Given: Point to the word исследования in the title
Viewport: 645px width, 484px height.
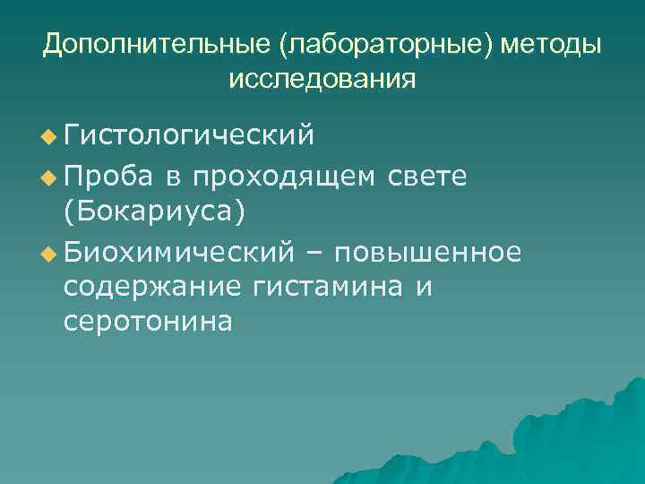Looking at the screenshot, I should (x=322, y=79).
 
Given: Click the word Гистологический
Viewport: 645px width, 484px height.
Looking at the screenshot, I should (x=189, y=135).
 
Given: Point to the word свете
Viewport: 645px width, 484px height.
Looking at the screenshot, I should (x=427, y=176).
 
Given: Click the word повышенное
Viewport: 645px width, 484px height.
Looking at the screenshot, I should (x=426, y=252).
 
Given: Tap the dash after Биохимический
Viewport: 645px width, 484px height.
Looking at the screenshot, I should (x=314, y=252).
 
